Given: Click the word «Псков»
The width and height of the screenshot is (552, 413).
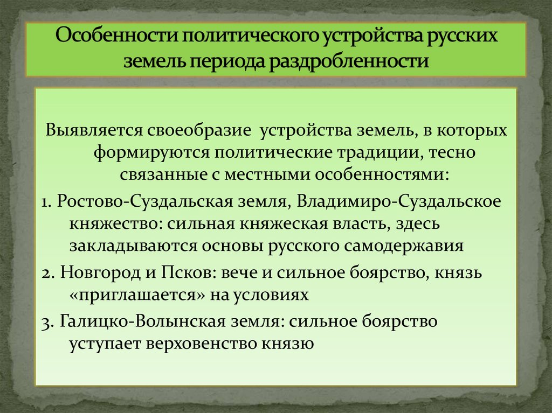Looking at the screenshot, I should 187,272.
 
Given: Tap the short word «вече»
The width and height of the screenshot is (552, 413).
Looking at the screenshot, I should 239,272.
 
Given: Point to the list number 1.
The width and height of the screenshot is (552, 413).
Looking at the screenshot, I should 45,202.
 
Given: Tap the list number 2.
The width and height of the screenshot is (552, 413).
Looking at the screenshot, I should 46,273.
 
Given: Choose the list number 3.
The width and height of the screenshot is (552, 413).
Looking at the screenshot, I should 46,322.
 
